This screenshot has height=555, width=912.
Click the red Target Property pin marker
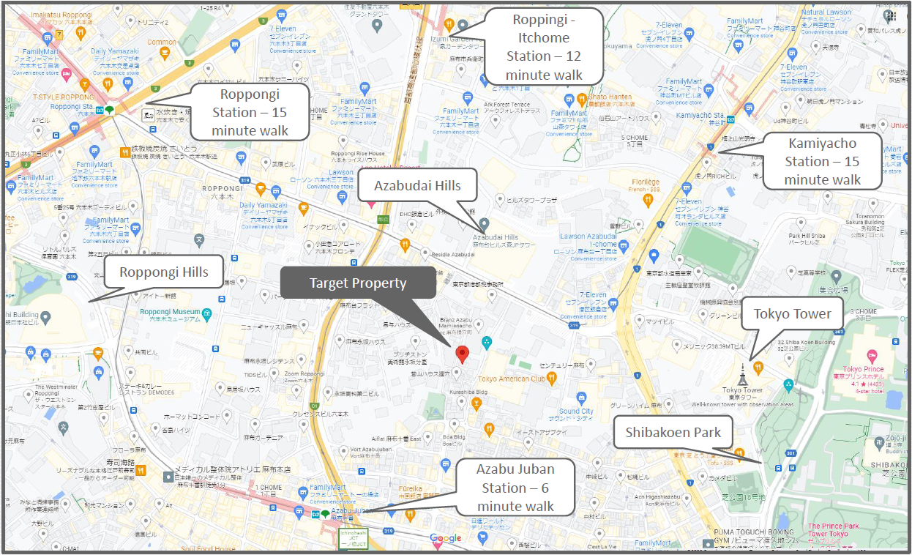[x=461, y=355]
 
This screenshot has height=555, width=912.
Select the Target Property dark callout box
[x=357, y=283]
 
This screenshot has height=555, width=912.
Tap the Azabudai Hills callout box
[x=417, y=185]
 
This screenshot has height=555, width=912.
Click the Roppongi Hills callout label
[x=163, y=273]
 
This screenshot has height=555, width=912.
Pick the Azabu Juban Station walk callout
[x=515, y=488]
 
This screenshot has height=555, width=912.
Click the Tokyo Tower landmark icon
[x=741, y=373]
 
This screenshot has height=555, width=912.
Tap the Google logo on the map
[x=446, y=539]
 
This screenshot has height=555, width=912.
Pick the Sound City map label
[x=576, y=411]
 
